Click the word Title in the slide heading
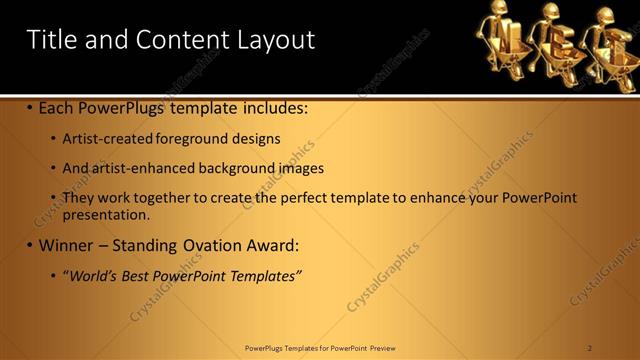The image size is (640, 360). click(53, 39)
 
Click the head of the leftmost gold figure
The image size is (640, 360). click(496, 11)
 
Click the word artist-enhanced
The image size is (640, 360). click(141, 169)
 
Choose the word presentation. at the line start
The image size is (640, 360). click(106, 214)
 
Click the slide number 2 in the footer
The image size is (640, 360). click(590, 348)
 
